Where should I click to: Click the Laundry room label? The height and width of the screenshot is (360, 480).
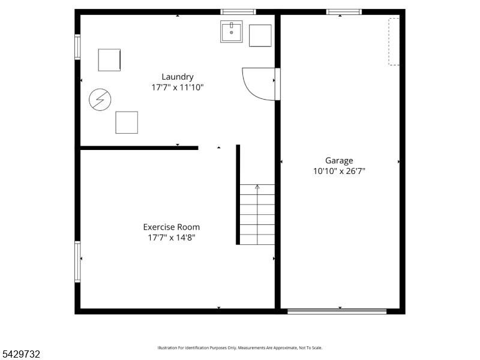(178, 77)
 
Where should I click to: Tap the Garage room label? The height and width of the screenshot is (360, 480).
(339, 161)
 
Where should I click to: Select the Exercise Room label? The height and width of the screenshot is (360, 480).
(172, 227)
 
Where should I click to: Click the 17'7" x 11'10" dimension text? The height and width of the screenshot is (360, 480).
(178, 88)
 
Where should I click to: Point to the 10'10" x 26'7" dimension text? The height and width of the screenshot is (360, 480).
(339, 171)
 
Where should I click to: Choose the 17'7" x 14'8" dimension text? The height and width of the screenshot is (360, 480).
(172, 238)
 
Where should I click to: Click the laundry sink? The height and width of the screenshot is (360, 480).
(232, 32)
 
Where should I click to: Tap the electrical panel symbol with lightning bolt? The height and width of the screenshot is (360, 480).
(100, 100)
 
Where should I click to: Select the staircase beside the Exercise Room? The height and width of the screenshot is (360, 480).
(257, 214)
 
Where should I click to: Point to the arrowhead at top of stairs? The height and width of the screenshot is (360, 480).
(257, 187)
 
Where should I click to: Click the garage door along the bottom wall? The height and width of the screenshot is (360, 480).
(337, 311)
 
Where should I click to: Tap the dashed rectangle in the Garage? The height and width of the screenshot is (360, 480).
(394, 41)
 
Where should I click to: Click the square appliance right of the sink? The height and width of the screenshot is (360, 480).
(260, 36)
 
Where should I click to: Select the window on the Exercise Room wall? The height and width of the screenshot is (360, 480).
(78, 262)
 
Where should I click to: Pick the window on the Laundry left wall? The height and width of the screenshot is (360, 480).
(78, 47)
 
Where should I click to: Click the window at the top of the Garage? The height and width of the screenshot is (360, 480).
(344, 12)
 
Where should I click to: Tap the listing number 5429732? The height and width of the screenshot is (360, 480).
(20, 354)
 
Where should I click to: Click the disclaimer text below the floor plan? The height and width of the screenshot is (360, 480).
(240, 348)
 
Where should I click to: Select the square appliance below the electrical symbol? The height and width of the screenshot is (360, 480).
(127, 122)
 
